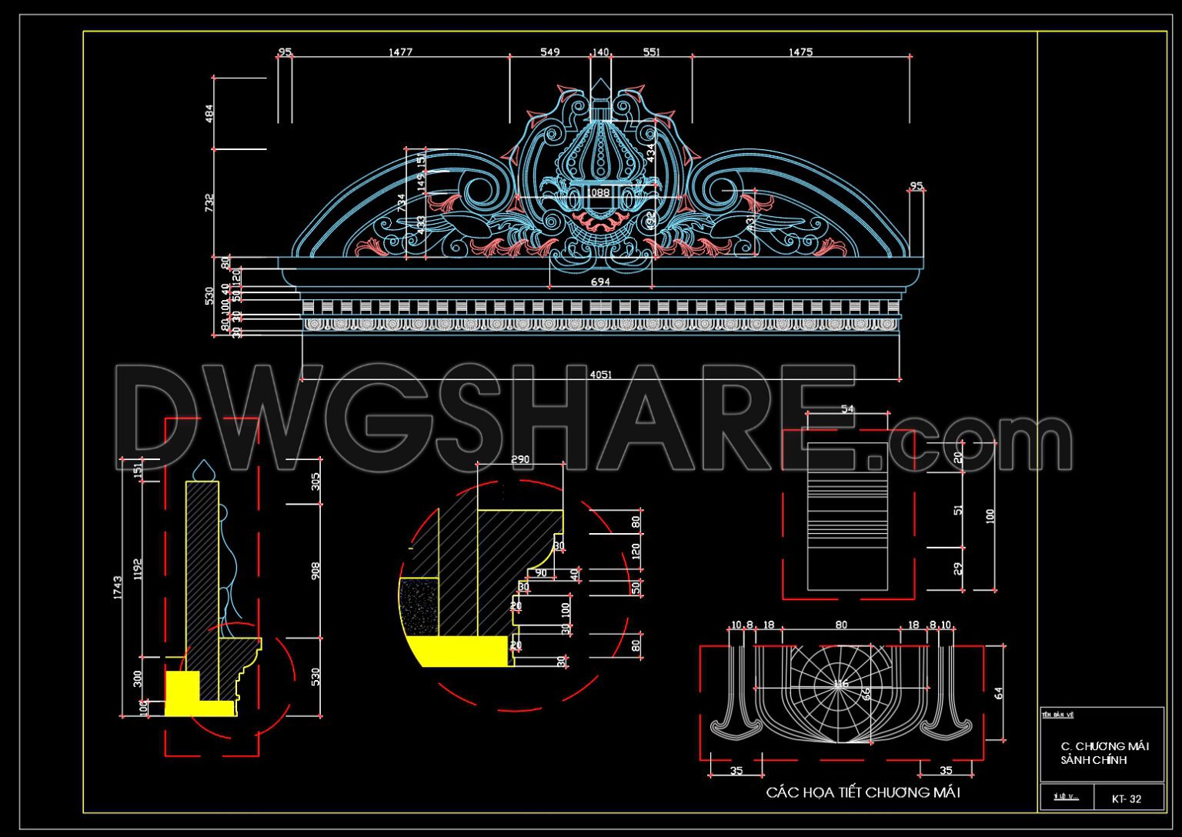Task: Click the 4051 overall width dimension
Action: click(600, 375)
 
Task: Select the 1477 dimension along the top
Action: click(400, 52)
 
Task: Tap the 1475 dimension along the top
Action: click(800, 52)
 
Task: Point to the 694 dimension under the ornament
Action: click(600, 282)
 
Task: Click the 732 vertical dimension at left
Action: click(209, 202)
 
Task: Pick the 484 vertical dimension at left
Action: click(209, 114)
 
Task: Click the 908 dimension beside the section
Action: click(316, 571)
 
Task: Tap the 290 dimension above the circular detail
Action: click(520, 460)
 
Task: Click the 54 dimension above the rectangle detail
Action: click(847, 409)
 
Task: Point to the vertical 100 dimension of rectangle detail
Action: click(990, 515)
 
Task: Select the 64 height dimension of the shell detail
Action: click(998, 693)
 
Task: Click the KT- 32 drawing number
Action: click(1127, 799)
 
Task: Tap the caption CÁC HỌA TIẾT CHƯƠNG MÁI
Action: click(863, 792)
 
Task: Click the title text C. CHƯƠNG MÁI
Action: click(1104, 746)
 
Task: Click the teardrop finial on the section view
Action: click(202, 469)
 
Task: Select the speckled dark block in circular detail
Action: click(419, 607)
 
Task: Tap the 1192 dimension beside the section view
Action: click(139, 569)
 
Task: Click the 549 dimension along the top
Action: click(549, 52)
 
